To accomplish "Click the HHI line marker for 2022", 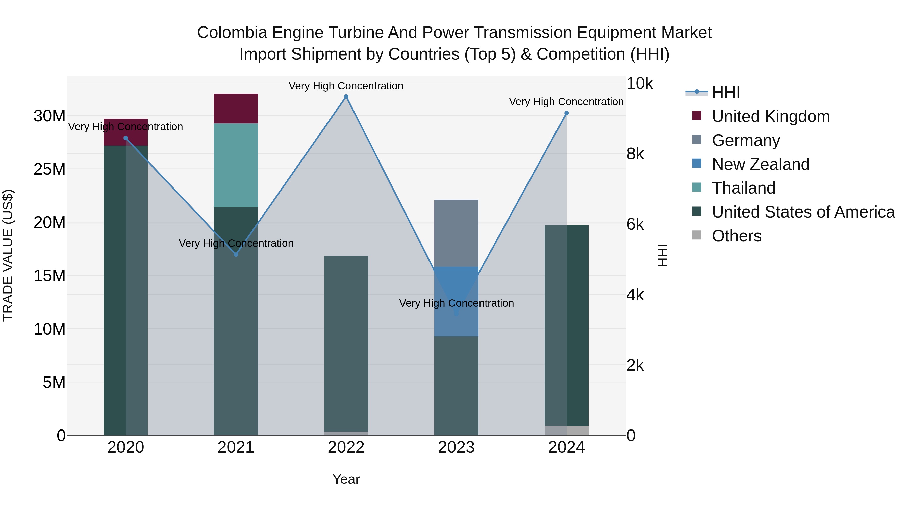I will (x=346, y=97).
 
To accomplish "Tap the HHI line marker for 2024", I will (x=566, y=113).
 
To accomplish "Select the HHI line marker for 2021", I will (x=236, y=254).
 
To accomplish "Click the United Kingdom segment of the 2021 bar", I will (x=236, y=108).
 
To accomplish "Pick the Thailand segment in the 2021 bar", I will (x=236, y=165).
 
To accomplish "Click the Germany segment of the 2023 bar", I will (x=456, y=233).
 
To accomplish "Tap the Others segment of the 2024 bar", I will (x=566, y=430).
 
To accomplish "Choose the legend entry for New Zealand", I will (x=761, y=164).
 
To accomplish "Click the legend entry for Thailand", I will (x=744, y=188).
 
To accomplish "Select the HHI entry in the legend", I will (x=725, y=92).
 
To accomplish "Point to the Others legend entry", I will (x=737, y=236).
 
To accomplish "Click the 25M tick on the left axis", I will (x=49, y=169).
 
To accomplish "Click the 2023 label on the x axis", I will (x=456, y=447).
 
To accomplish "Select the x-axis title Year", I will (x=346, y=479).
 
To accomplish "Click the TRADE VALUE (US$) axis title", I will (x=8, y=255).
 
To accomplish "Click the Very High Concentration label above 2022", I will (x=346, y=86).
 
